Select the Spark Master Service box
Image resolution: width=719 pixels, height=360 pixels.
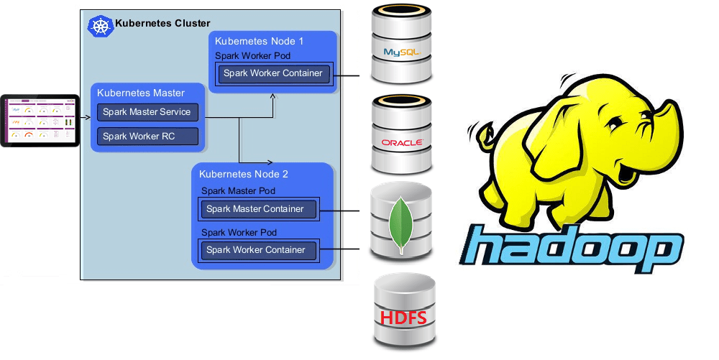click(147, 112)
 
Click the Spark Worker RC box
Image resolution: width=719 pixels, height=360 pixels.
click(147, 136)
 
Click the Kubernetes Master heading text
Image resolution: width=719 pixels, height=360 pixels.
click(141, 93)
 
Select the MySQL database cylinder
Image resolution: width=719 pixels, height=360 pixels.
click(401, 47)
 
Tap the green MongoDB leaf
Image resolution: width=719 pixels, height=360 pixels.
click(400, 222)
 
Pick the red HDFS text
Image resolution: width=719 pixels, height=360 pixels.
click(403, 318)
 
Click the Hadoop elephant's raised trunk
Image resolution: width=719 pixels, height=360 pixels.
click(665, 116)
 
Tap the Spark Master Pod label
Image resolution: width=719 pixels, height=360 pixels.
click(238, 191)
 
